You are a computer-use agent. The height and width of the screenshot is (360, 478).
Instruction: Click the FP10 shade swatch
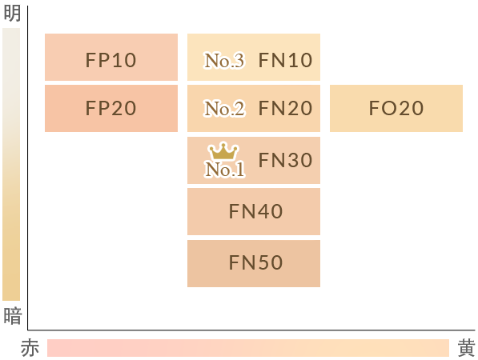(x=111, y=58)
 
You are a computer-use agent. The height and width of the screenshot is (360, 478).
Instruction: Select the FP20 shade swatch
(x=111, y=109)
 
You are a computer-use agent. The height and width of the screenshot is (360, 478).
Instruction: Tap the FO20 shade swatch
(x=396, y=109)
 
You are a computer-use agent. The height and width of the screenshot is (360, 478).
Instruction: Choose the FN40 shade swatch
(x=254, y=212)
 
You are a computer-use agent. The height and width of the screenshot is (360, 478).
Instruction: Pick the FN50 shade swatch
(x=254, y=263)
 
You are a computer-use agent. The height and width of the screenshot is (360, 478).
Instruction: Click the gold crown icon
(x=223, y=150)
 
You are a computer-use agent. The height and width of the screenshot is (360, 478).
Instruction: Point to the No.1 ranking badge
(x=225, y=170)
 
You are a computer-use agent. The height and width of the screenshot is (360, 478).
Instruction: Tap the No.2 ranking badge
(x=224, y=109)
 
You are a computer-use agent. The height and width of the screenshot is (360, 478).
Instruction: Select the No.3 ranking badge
(x=224, y=60)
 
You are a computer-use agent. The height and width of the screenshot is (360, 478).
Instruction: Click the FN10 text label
(x=285, y=60)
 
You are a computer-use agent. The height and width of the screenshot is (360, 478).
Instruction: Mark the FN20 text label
(x=285, y=108)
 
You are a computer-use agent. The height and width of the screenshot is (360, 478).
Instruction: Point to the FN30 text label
(x=285, y=160)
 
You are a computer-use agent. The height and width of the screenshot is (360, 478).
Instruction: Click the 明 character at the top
(x=12, y=13)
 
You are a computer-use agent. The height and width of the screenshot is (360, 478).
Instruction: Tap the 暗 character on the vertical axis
(x=13, y=315)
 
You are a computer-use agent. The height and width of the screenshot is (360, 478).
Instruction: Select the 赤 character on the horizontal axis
(x=30, y=348)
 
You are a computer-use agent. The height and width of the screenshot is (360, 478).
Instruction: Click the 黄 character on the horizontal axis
(x=467, y=348)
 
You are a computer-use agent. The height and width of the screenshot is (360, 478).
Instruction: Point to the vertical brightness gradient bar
(x=11, y=165)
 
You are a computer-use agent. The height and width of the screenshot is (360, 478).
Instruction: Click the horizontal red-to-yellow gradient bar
(x=248, y=348)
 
